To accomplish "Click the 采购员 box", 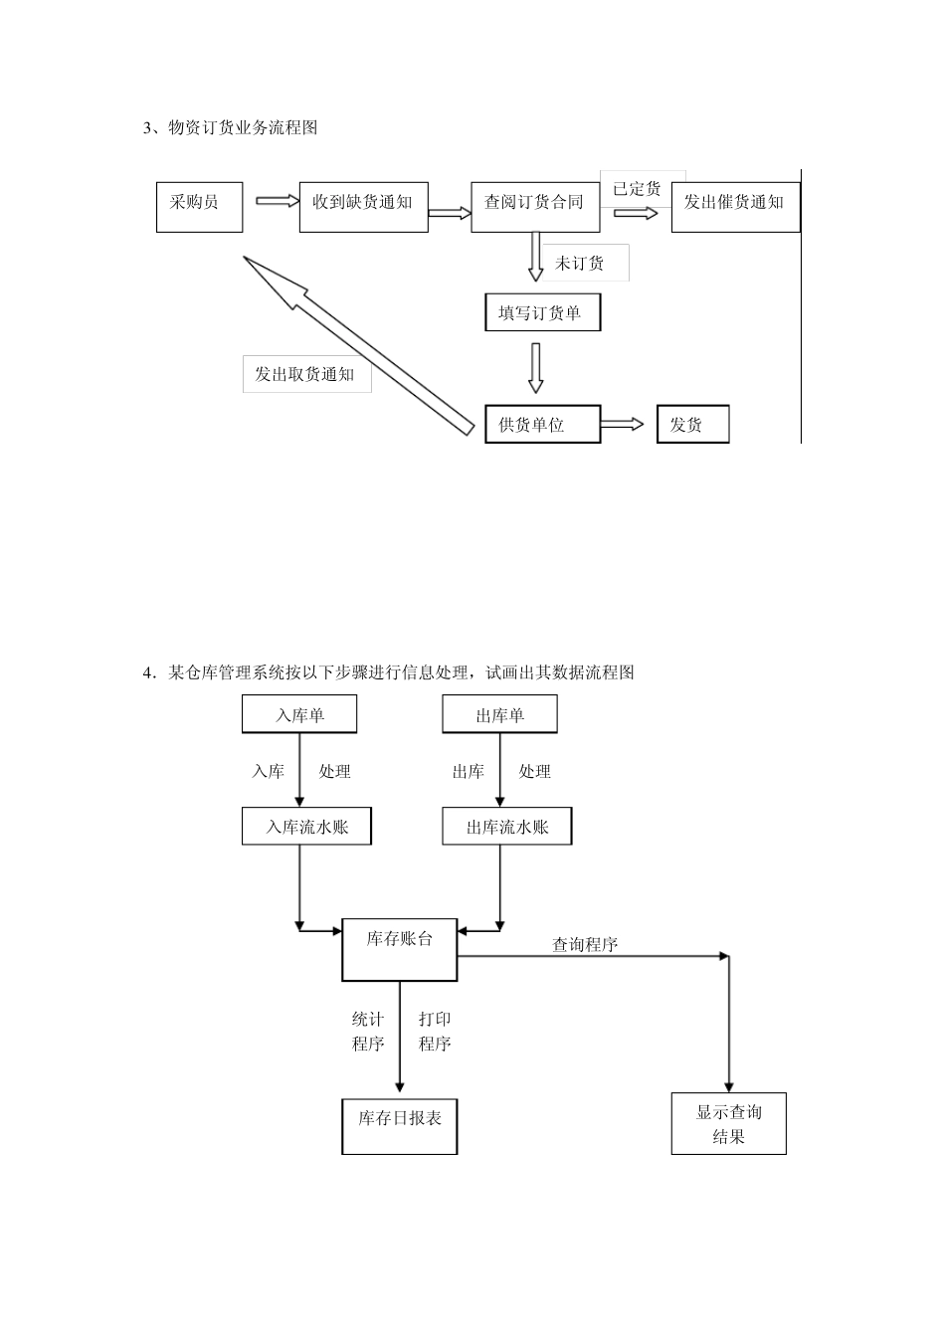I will point(199,207).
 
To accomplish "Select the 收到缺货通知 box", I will point(363,207).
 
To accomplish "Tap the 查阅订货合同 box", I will point(534,207).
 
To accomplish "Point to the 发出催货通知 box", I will point(735,207).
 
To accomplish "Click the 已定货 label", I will point(638,189).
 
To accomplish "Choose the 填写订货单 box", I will point(542,313).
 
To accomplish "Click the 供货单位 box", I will point(542,425).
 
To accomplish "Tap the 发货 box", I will point(692,425).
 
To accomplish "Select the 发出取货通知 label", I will point(306,374).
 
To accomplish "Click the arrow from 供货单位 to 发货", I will point(624,425).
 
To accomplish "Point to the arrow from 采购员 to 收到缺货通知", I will point(278,201).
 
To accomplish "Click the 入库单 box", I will point(299,714).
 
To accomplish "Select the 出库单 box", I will point(499,714).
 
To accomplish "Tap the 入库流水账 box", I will point(306,827).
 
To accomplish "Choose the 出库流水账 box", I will point(506,827).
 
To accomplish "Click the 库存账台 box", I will point(399,949).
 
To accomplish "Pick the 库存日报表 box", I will point(399,1126).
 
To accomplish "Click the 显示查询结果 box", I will point(728,1124).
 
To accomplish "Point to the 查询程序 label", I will point(585,945).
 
